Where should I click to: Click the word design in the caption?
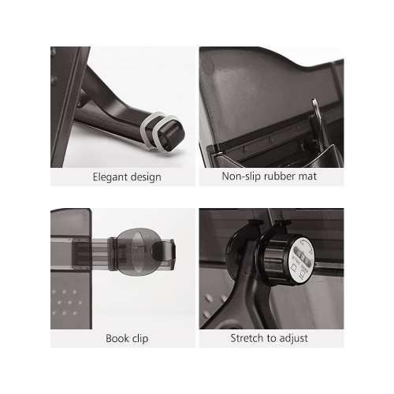click(x=146, y=177)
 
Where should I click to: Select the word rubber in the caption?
click(x=280, y=176)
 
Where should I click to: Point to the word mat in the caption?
click(x=307, y=177)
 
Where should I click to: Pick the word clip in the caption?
click(x=140, y=338)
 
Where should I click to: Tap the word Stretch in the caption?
click(x=247, y=338)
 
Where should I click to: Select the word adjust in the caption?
click(x=293, y=338)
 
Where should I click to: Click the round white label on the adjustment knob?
click(x=301, y=260)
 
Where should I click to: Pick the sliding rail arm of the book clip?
click(x=84, y=253)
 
